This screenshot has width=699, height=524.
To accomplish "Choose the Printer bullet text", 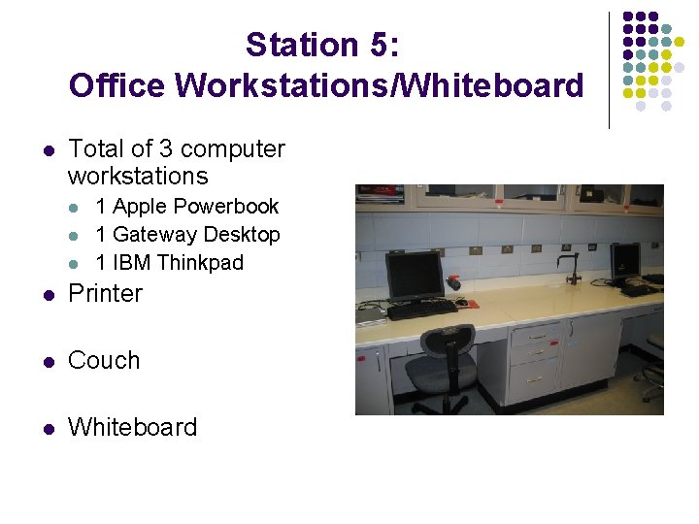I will click(x=105, y=293).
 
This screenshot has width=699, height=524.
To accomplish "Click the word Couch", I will click(x=104, y=360).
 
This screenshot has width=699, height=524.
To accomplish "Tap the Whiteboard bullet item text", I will click(x=132, y=427).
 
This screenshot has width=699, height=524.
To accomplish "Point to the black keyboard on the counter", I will click(x=422, y=310).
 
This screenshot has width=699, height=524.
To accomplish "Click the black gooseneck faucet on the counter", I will click(x=570, y=265).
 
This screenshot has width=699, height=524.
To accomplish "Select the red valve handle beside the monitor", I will click(x=453, y=282).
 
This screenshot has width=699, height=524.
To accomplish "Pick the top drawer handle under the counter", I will click(x=535, y=335).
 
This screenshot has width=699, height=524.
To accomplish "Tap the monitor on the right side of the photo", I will click(x=625, y=260).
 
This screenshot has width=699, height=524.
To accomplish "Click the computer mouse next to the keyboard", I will click(x=467, y=304).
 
